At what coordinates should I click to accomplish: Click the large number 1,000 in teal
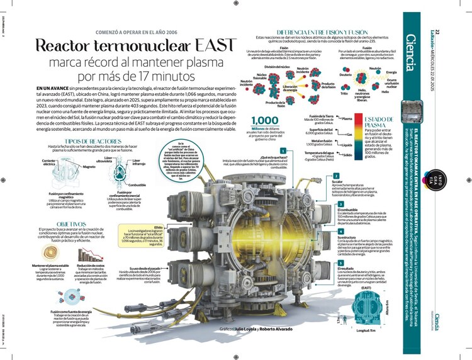coord(265,121)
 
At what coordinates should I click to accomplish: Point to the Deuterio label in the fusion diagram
coord(345,75)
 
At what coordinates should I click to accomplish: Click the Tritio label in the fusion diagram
coord(344,94)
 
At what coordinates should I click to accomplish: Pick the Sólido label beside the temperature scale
coord(346,154)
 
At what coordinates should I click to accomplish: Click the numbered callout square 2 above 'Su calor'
coord(335,176)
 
